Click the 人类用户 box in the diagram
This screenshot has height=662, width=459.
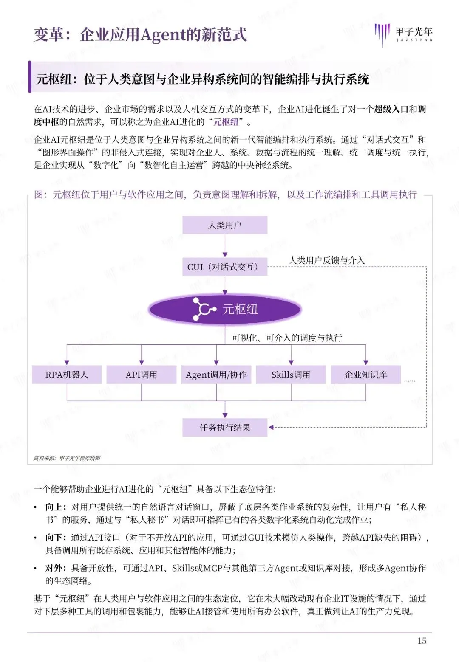click(x=225, y=225)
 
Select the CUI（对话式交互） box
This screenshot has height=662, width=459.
click(x=225, y=267)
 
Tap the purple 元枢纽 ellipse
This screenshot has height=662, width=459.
click(x=225, y=309)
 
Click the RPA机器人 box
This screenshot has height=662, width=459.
click(x=67, y=375)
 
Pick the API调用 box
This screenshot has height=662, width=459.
click(x=142, y=375)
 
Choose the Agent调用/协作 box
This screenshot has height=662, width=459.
click(x=216, y=375)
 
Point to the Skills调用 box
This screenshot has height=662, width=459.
click(x=291, y=375)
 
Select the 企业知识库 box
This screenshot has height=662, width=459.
click(x=366, y=375)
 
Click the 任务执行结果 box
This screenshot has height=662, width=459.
click(x=225, y=428)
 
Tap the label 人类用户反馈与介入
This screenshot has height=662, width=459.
click(x=327, y=260)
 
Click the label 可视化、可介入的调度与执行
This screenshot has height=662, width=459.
click(x=287, y=338)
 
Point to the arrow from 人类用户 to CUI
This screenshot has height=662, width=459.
click(x=225, y=246)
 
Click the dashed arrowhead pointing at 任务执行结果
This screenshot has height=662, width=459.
click(x=271, y=428)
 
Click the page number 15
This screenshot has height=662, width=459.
click(x=422, y=641)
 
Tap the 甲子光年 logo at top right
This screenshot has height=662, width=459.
click(x=403, y=34)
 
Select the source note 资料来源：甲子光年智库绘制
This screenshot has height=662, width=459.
click(x=67, y=458)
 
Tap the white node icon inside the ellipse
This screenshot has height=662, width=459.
click(x=203, y=309)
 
